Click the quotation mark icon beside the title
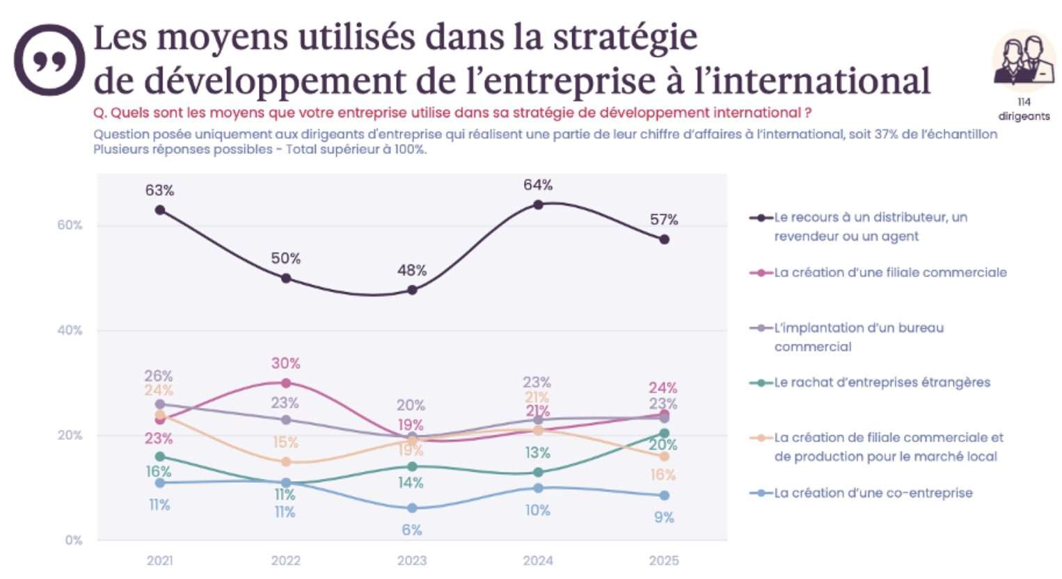coord(49,60)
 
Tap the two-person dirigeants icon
coord(1023,61)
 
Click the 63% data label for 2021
coord(159,190)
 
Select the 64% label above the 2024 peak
coord(538,184)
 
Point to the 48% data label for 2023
coord(412,270)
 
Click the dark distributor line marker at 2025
coord(664,239)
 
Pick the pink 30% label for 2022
coord(285,363)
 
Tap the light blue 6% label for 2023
coord(412,530)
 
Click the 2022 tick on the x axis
coord(285,560)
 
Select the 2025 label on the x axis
coord(664,560)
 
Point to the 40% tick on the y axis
coord(70,331)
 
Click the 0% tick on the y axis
coord(73,540)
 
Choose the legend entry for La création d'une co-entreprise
coord(873,493)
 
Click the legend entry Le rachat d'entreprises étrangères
coord(881,382)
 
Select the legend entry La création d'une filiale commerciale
coord(889,272)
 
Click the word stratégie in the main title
coord(625,38)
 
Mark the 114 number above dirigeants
coord(1024,102)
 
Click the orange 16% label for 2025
coord(663,475)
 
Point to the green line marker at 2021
coord(160,457)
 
